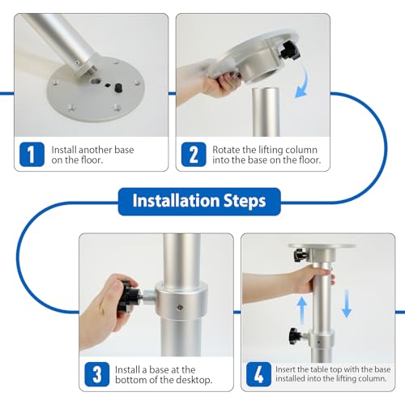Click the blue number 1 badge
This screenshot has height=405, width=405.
click(x=32, y=155)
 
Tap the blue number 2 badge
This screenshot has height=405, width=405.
click(x=194, y=155)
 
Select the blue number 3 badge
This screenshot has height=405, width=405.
click(x=97, y=374)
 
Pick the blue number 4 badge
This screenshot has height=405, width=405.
click(x=258, y=374)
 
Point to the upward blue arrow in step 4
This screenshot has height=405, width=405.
click(x=302, y=310)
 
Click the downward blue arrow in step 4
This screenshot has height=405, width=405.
click(x=347, y=303)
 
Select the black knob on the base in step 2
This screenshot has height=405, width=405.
click(x=290, y=50)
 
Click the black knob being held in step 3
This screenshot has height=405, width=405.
click(x=129, y=296)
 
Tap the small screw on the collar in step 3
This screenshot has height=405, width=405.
click(x=180, y=307)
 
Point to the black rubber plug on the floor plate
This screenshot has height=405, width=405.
click(x=117, y=87)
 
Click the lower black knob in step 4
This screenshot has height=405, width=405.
click(x=296, y=336)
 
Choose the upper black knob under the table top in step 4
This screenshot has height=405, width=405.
click(x=300, y=255)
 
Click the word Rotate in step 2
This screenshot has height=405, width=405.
click(x=224, y=150)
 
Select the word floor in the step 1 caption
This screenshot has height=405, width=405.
click(x=92, y=160)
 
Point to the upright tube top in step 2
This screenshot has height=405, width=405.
click(x=266, y=90)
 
